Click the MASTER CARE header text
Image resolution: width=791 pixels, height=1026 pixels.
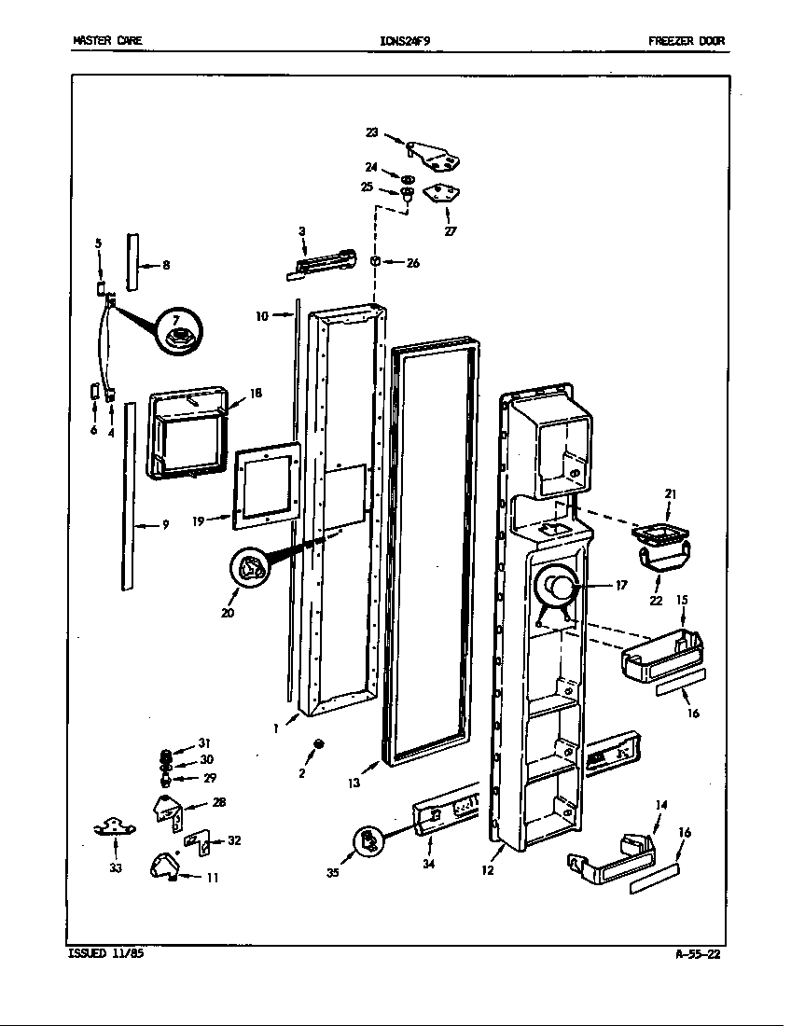(107, 41)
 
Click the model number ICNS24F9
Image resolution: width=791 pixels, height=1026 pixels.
(405, 41)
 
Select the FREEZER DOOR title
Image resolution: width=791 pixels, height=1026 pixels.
(687, 41)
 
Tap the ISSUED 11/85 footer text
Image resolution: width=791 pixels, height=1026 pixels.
(106, 953)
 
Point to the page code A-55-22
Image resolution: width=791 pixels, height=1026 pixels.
(698, 953)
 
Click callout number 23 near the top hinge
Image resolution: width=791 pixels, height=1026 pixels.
(372, 132)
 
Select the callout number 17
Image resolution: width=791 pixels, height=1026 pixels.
(621, 586)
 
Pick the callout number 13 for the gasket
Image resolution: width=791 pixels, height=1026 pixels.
(354, 783)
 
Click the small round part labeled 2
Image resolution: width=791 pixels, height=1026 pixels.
(320, 743)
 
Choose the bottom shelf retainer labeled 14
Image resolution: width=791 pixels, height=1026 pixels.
(611, 859)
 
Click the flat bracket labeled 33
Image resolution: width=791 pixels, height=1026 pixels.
(115, 825)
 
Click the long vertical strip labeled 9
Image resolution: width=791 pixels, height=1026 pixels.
(129, 494)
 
